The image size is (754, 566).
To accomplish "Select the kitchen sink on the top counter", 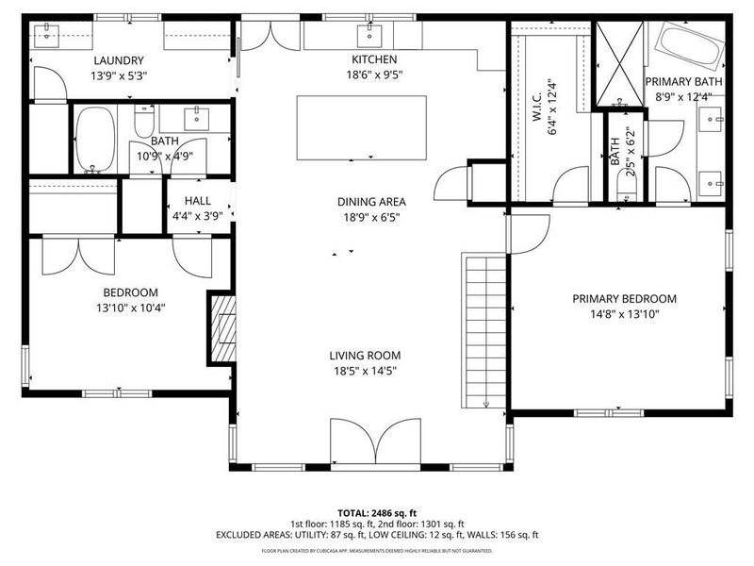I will click(x=367, y=36).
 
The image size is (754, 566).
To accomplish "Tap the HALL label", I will click(x=198, y=200).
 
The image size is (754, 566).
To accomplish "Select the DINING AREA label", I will click(x=371, y=201).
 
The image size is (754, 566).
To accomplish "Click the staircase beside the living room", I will click(x=485, y=330).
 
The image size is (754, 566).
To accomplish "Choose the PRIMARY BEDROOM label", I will click(x=624, y=299).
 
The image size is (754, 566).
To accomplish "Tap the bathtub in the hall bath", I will click(x=93, y=141).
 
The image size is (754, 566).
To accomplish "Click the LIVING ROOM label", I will click(x=365, y=356).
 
